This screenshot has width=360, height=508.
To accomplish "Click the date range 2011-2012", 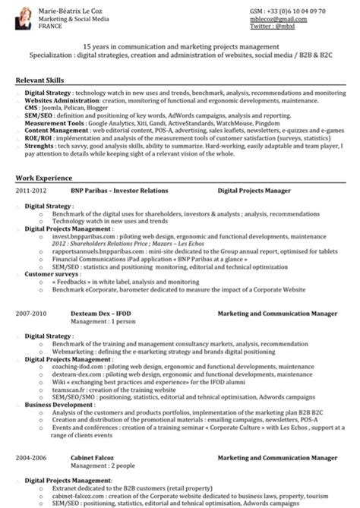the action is coord(31,191).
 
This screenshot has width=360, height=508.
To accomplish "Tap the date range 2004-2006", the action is coord(31,459).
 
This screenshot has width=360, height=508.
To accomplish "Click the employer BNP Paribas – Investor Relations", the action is coord(119,191).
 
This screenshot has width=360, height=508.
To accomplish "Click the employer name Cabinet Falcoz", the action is coord(92,459).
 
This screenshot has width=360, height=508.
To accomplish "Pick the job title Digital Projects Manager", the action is coord(254,191).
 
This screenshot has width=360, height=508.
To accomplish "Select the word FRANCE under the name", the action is coord(50,24).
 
